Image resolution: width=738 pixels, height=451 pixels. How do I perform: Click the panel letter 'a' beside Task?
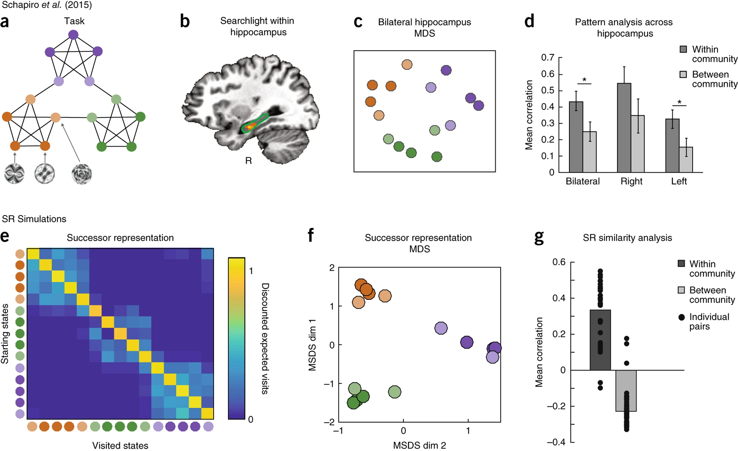5,22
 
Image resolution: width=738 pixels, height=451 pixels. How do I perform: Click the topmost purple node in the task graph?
73,35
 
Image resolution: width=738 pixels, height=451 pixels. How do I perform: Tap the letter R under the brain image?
248,161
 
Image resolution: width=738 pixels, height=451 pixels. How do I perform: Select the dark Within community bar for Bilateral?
576,137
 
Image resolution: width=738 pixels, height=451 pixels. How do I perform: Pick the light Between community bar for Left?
686,160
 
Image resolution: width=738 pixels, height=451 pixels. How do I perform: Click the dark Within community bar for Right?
624,128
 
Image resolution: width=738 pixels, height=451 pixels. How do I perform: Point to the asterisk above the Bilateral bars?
584,80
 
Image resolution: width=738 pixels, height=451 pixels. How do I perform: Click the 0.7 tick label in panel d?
548,57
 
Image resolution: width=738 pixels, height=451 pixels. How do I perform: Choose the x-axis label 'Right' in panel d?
631,181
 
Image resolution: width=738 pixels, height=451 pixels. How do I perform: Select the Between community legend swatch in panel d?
683,75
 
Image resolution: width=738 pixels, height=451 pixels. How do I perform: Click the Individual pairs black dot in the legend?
681,317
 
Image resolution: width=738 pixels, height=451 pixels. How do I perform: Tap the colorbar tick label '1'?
251,271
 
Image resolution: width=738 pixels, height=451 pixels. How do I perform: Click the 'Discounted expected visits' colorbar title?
265,338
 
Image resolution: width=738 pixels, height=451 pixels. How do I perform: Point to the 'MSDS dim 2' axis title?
419,445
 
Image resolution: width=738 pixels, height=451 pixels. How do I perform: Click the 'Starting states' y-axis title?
5,334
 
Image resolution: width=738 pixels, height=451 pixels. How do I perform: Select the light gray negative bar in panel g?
626,391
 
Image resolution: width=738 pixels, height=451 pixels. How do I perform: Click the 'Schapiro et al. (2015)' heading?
47,5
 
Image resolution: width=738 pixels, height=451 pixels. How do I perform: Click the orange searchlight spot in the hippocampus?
251,126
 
